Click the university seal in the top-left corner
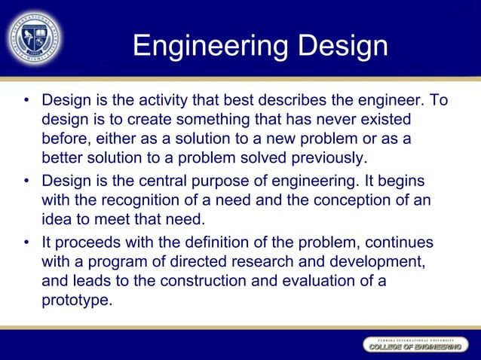(x=35, y=36)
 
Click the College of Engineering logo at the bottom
(x=414, y=344)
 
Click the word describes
(x=289, y=100)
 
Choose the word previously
(x=327, y=158)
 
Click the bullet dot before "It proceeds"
(x=26, y=243)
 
